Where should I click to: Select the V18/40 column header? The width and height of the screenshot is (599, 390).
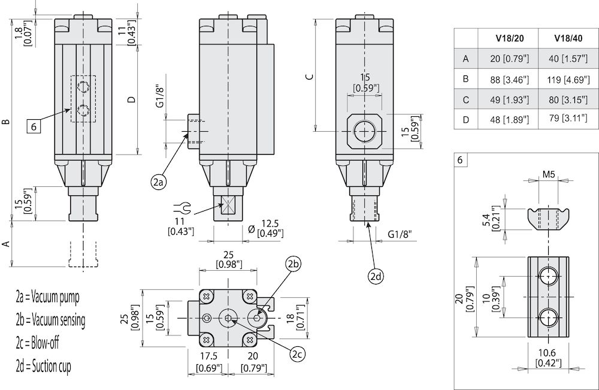(568, 38)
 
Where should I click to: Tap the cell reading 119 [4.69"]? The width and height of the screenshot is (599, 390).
(568, 78)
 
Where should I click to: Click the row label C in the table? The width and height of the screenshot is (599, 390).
(465, 99)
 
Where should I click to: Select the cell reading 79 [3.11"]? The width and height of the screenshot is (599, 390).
(568, 119)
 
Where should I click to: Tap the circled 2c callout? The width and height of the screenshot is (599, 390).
(298, 354)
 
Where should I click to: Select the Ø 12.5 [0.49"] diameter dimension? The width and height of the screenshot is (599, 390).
(264, 228)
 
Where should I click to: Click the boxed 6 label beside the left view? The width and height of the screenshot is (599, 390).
(34, 126)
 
